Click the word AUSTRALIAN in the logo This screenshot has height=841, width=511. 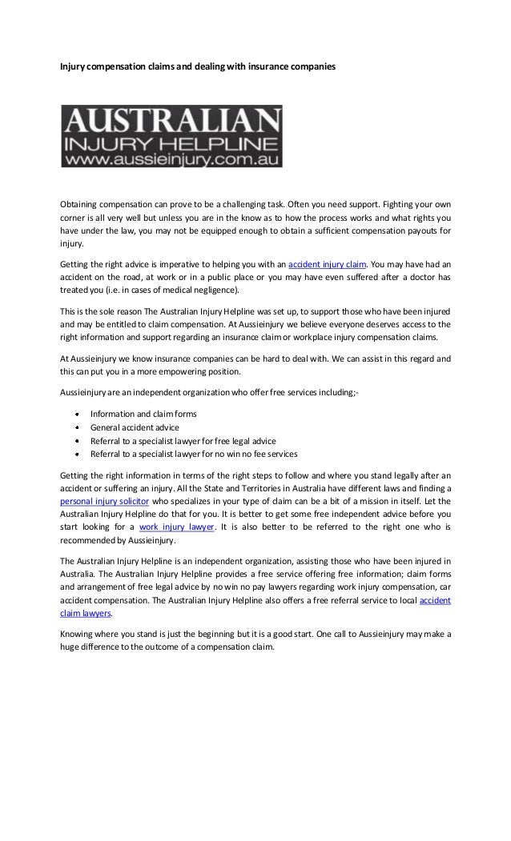click(x=171, y=122)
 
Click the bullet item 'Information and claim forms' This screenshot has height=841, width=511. click(x=143, y=414)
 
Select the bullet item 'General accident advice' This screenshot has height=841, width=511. click(x=135, y=427)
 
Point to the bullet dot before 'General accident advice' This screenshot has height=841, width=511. click(x=76, y=428)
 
